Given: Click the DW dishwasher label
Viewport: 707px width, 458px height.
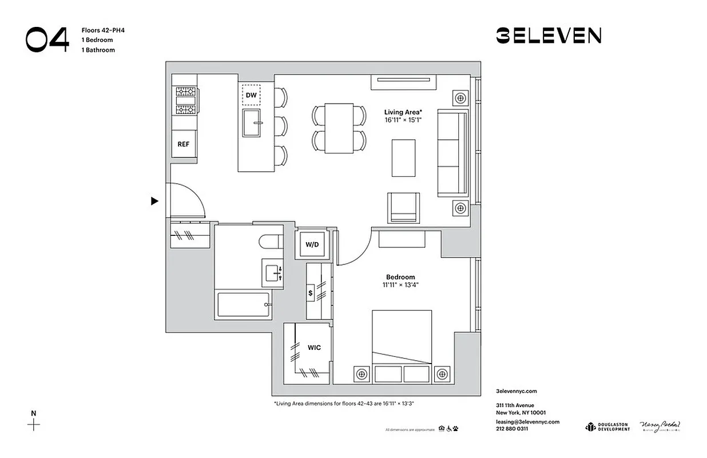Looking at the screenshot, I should coord(251,95).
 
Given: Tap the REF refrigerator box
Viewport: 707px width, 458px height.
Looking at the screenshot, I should coord(183,144).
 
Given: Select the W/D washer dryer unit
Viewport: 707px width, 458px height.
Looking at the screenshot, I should coord(312,244).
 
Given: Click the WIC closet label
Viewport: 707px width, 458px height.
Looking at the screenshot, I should coord(314,348).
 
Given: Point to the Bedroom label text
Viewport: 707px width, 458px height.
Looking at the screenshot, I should coord(400,277).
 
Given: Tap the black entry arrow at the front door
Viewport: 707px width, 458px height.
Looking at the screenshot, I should coord(154,201).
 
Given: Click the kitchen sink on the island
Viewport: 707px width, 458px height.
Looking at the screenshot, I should coord(252,123).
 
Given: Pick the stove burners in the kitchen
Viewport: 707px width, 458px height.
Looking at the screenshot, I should coord(185,100).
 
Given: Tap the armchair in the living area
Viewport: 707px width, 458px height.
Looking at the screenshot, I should coord(404,207).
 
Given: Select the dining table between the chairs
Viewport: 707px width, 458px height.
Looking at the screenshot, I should coord(339,128).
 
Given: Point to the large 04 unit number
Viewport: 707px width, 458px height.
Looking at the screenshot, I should coord(47,40).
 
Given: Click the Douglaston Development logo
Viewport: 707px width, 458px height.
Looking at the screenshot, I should coord(607,427).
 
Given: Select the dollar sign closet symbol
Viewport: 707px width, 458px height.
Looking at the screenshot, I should coord(311,293).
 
